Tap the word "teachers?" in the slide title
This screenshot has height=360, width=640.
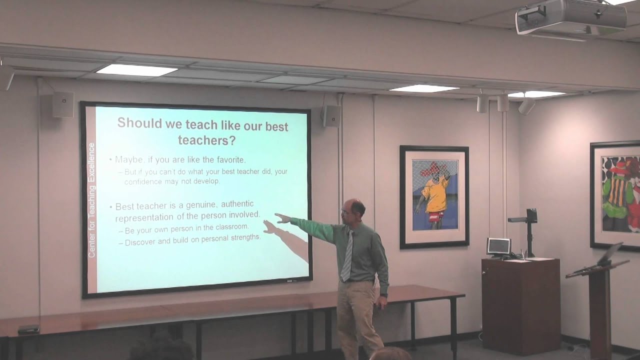(x=206, y=140)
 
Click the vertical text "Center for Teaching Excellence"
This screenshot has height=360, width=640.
(x=91, y=200)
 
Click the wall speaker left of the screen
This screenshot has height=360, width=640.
(x=63, y=104)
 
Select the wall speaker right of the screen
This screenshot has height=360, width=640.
(x=331, y=115)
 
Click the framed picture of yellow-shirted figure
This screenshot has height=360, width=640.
(x=434, y=196)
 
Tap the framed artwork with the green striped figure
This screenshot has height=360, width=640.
(x=615, y=195)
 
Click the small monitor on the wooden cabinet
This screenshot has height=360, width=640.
(x=498, y=246)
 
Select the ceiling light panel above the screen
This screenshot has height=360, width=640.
(x=136, y=70)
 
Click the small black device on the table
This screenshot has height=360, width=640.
(x=28, y=329)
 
